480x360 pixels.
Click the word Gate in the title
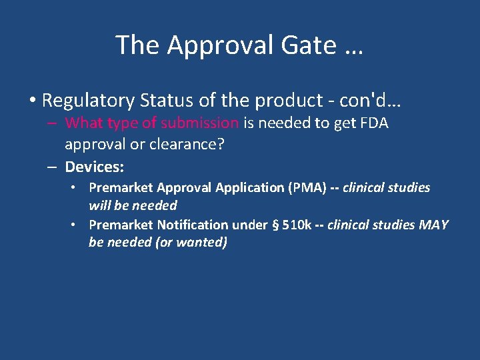pos(300,45)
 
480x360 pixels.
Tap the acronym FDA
pos(375,123)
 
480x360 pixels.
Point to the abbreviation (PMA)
pos(305,188)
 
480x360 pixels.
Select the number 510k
pos(297,225)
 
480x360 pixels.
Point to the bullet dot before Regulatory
pos(32,101)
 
